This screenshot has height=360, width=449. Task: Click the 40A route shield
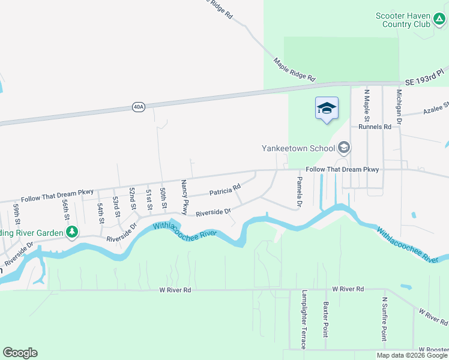point(139,107)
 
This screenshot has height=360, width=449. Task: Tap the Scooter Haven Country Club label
point(403,20)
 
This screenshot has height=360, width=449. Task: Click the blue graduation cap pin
point(327,109)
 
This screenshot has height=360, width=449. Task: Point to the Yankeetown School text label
point(299,148)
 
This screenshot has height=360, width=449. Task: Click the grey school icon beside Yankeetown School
point(344,148)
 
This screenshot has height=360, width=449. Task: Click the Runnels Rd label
point(375,127)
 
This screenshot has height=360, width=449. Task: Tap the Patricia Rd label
point(224,190)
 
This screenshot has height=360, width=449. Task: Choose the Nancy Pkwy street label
point(184,199)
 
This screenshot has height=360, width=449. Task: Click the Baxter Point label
point(326,319)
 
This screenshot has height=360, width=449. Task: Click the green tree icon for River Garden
point(72,232)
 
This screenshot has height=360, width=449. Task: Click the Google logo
point(20,353)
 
